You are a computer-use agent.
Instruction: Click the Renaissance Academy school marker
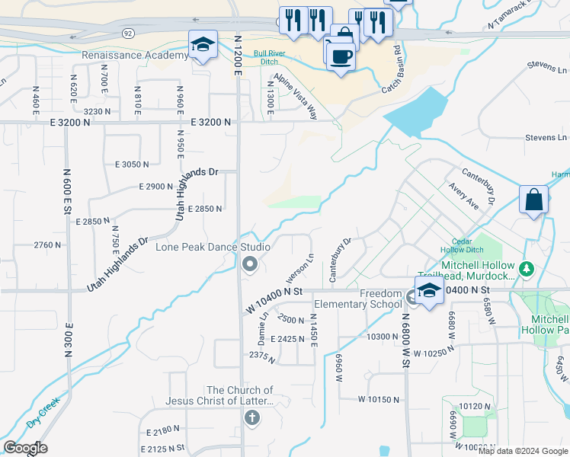pos(203,46)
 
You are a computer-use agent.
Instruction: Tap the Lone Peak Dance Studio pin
pos(249,264)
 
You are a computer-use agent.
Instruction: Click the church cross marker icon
pos(252,417)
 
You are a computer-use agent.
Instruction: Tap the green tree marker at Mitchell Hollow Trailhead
pos(526,269)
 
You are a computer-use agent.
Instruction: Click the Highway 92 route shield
pos(128,33)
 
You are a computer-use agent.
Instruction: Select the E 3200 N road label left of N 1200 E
pos(210,122)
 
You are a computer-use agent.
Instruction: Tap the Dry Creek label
pos(43,414)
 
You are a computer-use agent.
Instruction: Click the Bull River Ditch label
pos(275,58)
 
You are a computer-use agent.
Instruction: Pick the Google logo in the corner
pos(25,448)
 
